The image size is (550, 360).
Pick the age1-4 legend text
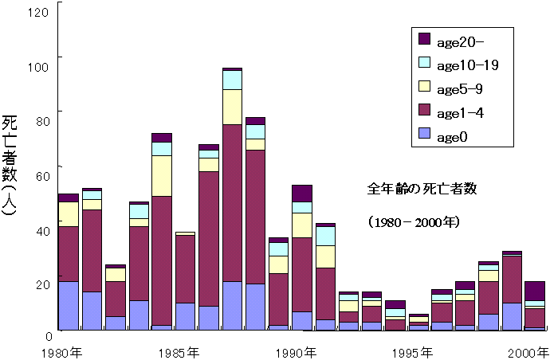point(461,112)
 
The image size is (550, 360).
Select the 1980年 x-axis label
point(65,351)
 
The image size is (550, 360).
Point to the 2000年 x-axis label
point(529,351)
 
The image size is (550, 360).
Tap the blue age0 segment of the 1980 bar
point(68,305)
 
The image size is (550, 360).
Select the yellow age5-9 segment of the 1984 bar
point(162,175)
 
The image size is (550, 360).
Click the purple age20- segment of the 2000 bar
point(535,291)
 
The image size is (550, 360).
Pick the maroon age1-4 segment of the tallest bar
point(232,203)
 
